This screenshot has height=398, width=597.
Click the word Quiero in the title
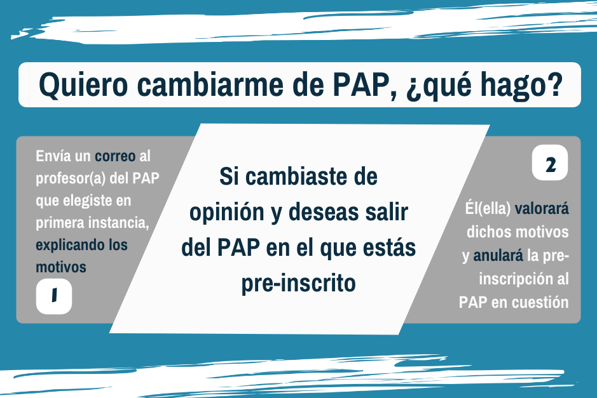tap(83, 85)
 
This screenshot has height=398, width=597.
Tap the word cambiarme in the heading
tap(210, 85)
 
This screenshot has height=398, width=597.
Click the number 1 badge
tap(54, 296)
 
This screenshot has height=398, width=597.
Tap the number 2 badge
tap(550, 163)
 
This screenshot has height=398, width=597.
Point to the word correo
tap(115, 156)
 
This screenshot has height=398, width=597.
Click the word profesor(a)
tap(71, 178)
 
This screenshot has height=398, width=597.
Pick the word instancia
tap(119, 223)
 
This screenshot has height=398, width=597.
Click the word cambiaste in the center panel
tap(297, 176)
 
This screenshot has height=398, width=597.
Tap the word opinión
tap(226, 213)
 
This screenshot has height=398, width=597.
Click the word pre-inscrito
tap(299, 284)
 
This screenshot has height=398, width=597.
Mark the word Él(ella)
tap(488, 208)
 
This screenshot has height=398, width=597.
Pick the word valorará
tap(542, 208)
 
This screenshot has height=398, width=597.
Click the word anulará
tap(498, 255)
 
